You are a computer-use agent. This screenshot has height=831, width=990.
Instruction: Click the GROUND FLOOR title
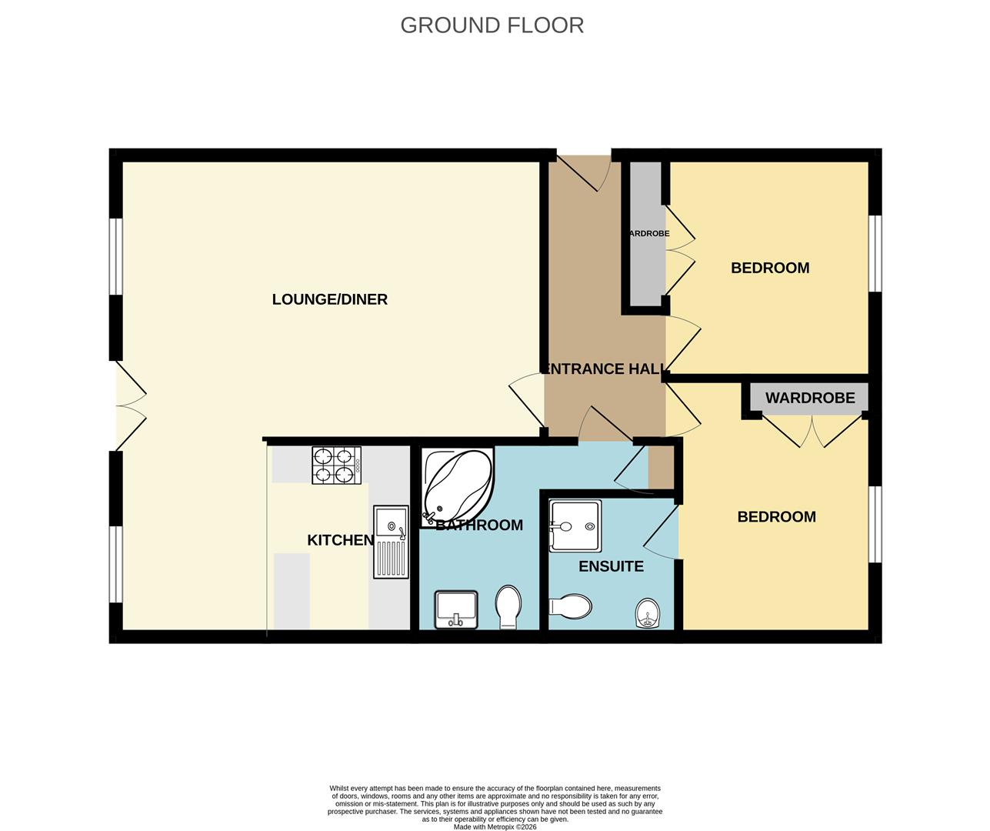pos(492,25)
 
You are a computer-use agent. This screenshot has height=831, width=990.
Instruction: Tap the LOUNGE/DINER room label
pos(329,299)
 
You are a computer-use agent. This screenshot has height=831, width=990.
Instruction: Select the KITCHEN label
pos(340,540)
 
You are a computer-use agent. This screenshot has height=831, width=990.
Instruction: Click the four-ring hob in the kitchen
pos(336,466)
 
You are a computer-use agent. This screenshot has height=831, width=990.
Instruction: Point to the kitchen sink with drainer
pos(390,541)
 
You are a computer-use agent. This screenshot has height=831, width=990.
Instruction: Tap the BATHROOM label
pos(478,525)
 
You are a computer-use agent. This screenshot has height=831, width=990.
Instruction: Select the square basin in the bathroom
pos(455,609)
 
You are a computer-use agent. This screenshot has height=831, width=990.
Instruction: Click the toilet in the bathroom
pos(508,606)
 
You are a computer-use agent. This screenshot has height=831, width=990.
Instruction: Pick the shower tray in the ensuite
pos(575,526)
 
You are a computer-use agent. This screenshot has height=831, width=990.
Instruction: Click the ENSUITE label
pos(611,566)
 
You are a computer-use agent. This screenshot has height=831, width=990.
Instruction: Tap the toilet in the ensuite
pos(569,606)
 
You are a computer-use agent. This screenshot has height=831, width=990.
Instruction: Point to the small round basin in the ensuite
pos(649,613)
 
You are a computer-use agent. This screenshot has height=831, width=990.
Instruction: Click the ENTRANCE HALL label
pos(604,369)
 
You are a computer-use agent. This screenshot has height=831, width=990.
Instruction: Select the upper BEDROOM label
pos(770,268)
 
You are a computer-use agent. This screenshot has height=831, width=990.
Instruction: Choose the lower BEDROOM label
pos(776,516)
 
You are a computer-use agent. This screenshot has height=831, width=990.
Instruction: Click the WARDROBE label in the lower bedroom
pos(809,398)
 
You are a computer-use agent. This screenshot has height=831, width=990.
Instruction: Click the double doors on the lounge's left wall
pos(129,406)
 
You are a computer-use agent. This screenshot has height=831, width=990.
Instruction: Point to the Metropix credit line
pos(495,827)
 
